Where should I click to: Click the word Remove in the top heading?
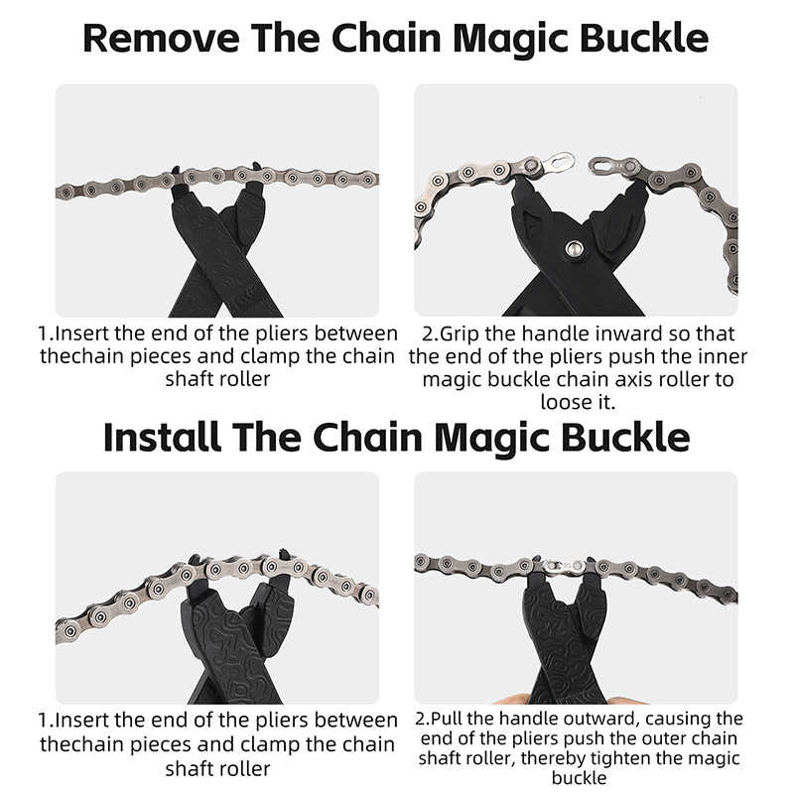(161, 38)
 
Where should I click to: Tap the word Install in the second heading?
(162, 437)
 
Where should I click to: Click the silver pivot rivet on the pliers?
(574, 248)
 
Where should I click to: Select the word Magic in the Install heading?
(491, 438)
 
